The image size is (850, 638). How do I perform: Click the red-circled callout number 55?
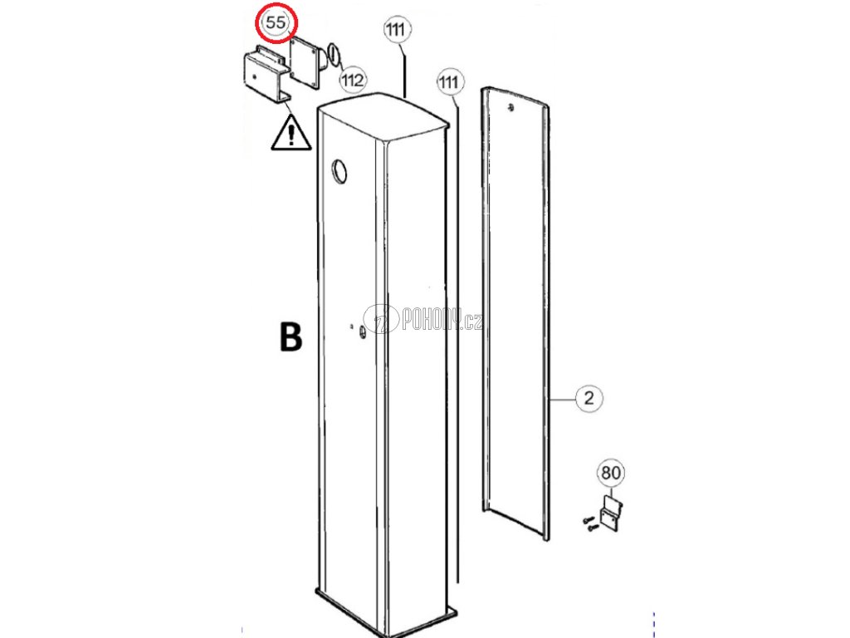tap(276, 24)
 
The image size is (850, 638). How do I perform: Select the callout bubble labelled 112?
tap(353, 80)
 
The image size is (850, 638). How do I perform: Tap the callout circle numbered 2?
tap(588, 398)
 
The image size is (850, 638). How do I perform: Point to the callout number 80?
tap(610, 473)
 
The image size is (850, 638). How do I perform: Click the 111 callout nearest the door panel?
tap(449, 81)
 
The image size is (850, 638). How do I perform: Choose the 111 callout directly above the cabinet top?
tap(397, 30)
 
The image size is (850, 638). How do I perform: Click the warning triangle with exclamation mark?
tap(291, 134)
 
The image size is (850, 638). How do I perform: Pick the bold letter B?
tap(290, 336)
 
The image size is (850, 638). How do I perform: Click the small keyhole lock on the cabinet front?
tap(363, 331)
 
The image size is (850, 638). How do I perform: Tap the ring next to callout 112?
tap(331, 55)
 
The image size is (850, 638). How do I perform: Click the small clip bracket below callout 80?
tap(611, 513)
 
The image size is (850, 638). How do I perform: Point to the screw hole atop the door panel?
tap(510, 106)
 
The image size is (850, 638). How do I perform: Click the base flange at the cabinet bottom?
tap(387, 611)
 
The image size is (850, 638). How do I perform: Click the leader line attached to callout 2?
tap(563, 399)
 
